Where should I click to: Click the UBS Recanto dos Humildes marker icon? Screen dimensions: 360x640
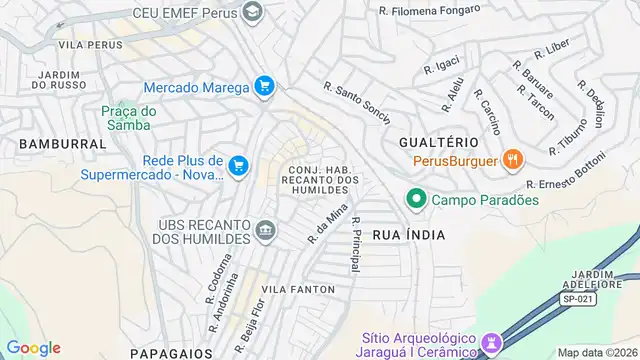tap(265, 232)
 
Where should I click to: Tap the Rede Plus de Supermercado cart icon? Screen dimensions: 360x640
tap(238, 166)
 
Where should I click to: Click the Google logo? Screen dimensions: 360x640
tap(33, 347)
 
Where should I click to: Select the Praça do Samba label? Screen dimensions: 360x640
tap(126, 118)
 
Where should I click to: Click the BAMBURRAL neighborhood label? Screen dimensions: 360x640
tap(61, 144)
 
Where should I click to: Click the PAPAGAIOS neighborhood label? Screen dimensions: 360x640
tap(171, 352)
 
